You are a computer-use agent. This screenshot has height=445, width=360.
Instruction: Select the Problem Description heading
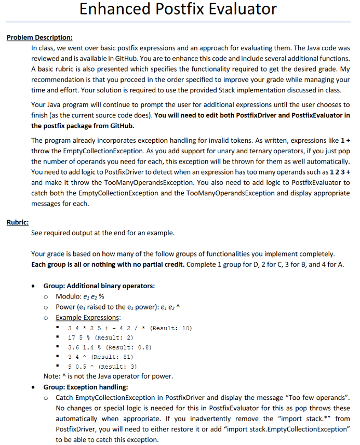click(39, 37)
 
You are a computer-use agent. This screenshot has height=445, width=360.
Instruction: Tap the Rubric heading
click(18, 222)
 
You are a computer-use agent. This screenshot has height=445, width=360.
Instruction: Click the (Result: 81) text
click(112, 357)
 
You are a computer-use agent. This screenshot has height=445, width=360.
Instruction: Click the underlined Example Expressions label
click(88, 317)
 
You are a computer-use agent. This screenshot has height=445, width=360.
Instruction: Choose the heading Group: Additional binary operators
click(99, 286)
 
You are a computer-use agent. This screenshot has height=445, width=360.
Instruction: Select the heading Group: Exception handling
click(85, 386)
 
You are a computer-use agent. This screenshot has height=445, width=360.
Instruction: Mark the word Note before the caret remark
click(51, 376)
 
